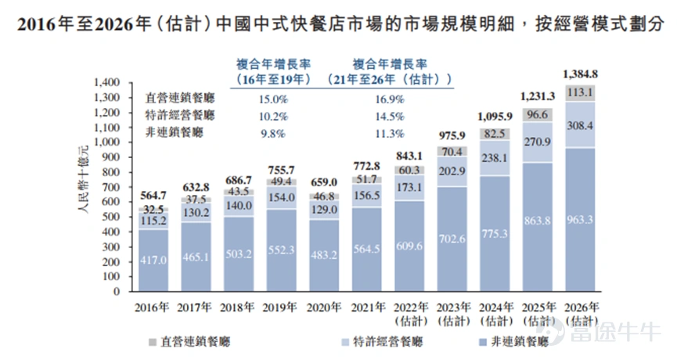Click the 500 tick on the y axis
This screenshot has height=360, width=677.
[x=110, y=217]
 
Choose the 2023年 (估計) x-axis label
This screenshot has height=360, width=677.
[x=452, y=313]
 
